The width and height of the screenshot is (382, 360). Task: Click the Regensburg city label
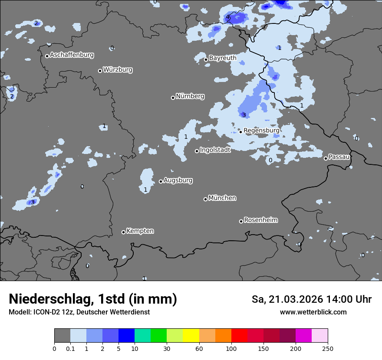[261, 130]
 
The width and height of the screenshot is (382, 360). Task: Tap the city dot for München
[205, 199]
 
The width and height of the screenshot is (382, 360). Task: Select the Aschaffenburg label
[72, 55]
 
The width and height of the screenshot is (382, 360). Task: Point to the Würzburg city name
[118, 69]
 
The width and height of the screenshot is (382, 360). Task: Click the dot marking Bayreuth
[206, 59]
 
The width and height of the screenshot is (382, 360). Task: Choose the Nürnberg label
[190, 96]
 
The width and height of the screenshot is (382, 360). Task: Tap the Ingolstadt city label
[215, 150]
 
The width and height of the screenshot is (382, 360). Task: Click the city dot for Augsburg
[161, 181]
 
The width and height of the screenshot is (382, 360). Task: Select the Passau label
[339, 157]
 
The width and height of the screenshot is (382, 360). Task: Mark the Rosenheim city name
[260, 220]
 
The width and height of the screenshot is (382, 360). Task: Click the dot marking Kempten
[123, 232]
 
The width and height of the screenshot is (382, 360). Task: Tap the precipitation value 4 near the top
[227, 17]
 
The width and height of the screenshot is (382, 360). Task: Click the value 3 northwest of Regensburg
[244, 115]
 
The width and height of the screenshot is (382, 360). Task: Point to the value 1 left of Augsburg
[145, 190]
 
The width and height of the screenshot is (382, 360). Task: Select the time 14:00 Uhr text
[349, 299]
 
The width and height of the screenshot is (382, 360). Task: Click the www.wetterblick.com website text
[313, 312]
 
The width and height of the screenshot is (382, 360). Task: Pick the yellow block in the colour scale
[191, 336]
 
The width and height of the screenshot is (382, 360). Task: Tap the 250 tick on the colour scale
[328, 348]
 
